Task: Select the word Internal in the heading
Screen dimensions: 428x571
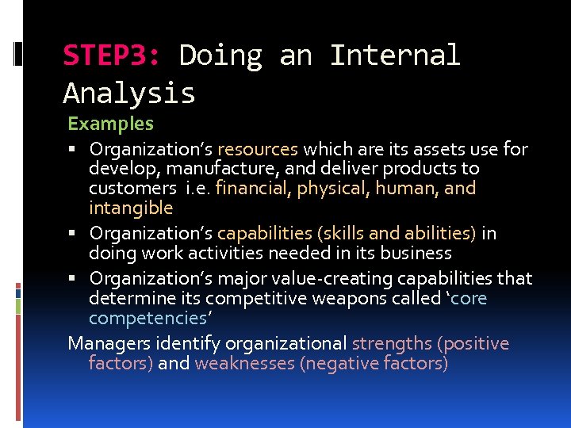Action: (394, 56)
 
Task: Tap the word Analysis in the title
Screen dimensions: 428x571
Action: (129, 94)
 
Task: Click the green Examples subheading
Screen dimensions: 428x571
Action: (110, 124)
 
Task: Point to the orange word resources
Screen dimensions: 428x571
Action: (258, 149)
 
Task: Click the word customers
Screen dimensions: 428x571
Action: (132, 189)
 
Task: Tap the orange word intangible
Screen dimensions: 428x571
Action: (131, 208)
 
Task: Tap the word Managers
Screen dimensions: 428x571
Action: (105, 344)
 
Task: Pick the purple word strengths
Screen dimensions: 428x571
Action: (391, 344)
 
